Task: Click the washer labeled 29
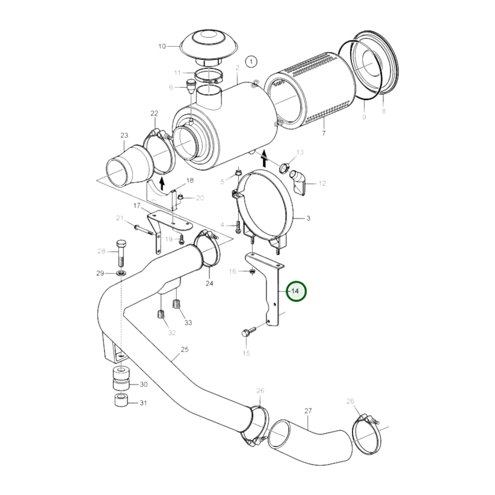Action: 121,273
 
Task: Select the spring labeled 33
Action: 176,304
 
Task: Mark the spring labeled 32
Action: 161,314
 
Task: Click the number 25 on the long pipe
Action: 185,350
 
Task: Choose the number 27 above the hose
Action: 308,410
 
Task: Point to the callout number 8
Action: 383,111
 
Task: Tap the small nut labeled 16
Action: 252,272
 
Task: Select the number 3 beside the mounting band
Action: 308,218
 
